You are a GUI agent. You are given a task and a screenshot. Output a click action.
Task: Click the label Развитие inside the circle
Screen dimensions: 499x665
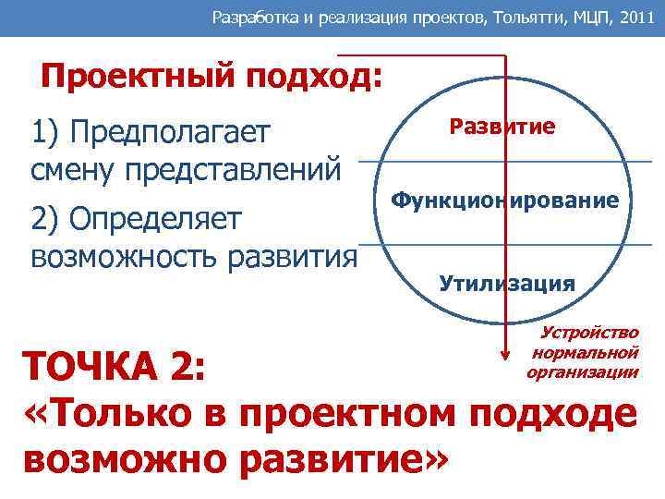(502, 127)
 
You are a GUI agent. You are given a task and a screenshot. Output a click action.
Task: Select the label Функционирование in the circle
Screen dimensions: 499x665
(504, 200)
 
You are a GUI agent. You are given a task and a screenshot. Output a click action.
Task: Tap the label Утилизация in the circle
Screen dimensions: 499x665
(507, 283)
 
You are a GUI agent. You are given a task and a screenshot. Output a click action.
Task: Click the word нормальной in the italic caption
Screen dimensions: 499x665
(586, 352)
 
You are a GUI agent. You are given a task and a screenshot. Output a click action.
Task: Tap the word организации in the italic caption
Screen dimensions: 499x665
(582, 371)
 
